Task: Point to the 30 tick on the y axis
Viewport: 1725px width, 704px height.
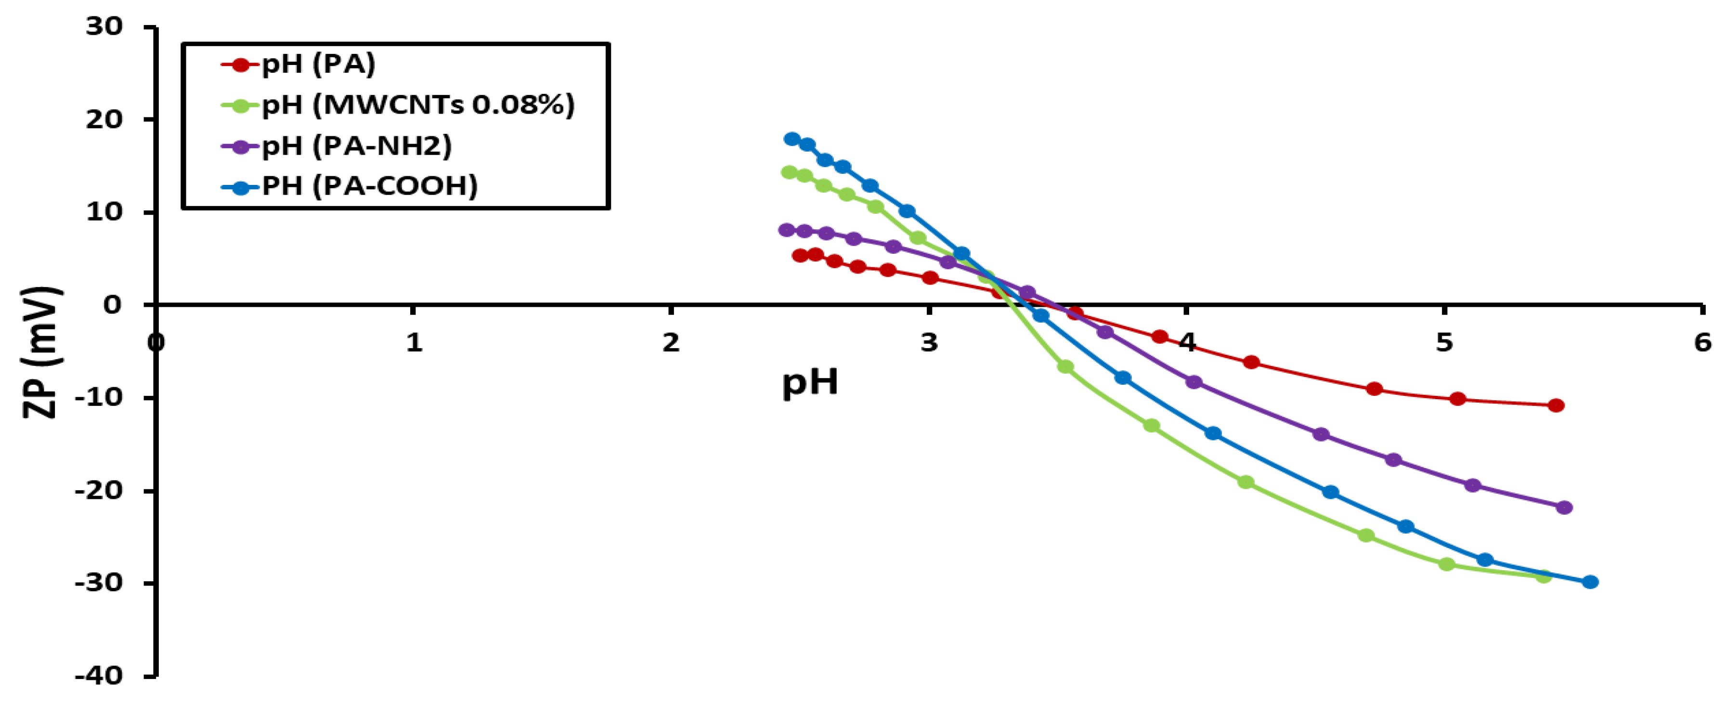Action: tap(104, 27)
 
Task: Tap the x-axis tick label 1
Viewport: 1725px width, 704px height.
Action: tap(415, 343)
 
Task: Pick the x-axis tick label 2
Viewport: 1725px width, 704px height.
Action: tap(671, 343)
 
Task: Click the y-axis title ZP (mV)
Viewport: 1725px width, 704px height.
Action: tap(41, 352)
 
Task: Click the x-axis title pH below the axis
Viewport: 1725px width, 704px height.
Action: tap(810, 382)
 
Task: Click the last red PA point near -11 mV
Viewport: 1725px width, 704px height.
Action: tap(1556, 405)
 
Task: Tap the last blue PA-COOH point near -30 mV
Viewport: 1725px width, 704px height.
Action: tap(1590, 582)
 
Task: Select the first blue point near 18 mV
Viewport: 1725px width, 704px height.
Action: tap(792, 139)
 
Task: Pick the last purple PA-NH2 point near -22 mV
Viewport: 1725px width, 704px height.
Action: tap(1564, 508)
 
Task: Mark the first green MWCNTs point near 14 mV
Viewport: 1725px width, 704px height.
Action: tap(790, 172)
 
